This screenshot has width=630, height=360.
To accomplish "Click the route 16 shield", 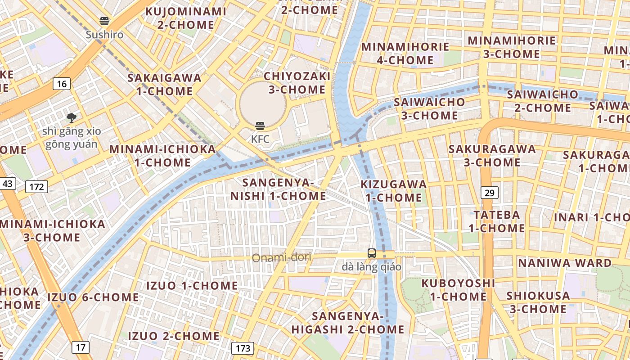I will click(x=62, y=83).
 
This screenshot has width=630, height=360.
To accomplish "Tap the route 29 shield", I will click(x=490, y=193).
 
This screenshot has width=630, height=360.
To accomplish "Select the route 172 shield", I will click(x=36, y=186).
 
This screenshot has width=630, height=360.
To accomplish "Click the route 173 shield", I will click(x=243, y=348).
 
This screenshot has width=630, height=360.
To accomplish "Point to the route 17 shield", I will click(x=80, y=347).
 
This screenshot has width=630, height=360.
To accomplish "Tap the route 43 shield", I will click(x=8, y=184).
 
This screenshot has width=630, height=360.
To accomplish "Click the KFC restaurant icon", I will click(x=260, y=126).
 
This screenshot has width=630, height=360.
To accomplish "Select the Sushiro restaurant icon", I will click(x=104, y=21).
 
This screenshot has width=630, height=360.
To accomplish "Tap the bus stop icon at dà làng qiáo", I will click(x=371, y=253).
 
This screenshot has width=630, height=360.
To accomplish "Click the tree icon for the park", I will click(x=71, y=118).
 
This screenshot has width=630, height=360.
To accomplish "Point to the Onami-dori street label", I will click(x=282, y=258).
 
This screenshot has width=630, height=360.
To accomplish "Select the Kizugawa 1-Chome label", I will click(x=394, y=191).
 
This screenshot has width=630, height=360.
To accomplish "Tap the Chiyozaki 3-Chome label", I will click(x=297, y=83).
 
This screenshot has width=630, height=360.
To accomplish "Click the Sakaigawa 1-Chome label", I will click(x=165, y=85).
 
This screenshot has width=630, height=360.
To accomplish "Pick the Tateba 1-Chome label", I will click(x=497, y=221).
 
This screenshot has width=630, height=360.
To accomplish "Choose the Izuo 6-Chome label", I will click(x=93, y=297).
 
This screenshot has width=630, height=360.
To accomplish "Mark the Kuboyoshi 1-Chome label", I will click(x=458, y=290).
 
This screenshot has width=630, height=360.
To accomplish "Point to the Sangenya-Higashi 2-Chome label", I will click(x=348, y=323).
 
